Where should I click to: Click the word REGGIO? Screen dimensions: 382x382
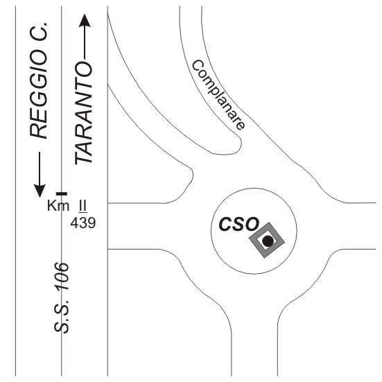38,94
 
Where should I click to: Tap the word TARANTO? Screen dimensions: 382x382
84,113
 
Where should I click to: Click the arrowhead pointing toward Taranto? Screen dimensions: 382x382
85,21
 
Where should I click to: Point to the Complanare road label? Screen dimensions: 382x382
218,95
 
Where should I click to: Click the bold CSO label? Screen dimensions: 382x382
238,224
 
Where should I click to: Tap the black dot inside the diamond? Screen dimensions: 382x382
268,241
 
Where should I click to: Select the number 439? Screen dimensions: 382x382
83,223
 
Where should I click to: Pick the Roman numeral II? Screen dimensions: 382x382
83,206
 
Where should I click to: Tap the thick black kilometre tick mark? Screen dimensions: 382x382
62,193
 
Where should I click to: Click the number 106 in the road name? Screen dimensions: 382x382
62,277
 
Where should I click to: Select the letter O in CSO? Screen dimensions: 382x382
252,224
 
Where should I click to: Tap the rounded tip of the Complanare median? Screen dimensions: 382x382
241,143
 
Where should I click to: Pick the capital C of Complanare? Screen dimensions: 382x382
198,65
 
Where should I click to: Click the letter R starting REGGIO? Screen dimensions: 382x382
38,132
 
